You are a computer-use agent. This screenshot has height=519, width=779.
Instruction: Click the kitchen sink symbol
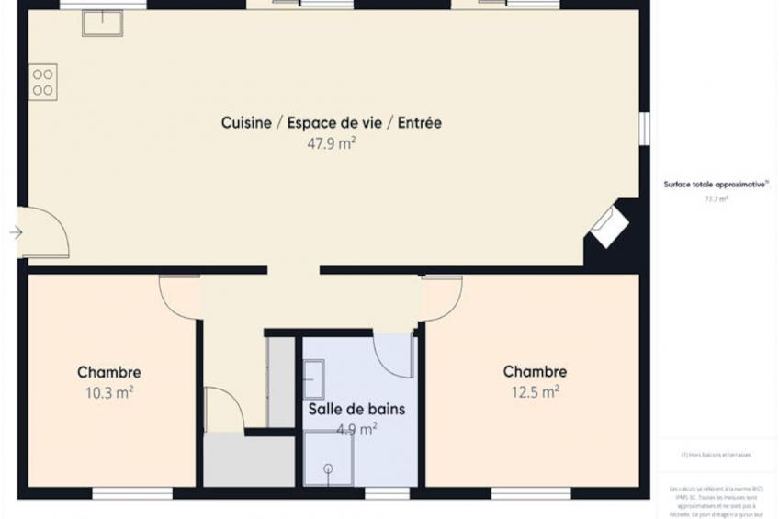[x=102, y=24]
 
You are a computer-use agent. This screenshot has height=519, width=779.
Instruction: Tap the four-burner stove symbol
[x=43, y=82]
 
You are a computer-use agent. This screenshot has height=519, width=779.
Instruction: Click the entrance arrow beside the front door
[x=16, y=232]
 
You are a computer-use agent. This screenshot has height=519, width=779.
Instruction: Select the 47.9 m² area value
[x=332, y=143]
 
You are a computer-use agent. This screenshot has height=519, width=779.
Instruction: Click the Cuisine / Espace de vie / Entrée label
[x=331, y=123]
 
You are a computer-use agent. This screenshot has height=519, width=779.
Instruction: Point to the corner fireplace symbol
[x=608, y=226]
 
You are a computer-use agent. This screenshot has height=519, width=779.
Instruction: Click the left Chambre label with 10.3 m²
[x=109, y=372]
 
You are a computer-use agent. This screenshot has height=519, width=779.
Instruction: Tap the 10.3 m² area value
[x=108, y=392]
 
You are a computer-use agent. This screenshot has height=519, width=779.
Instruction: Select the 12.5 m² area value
[x=535, y=392]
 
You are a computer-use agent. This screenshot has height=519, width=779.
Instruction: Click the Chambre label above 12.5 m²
[x=535, y=372]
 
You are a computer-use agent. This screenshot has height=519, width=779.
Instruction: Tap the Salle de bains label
[x=356, y=409]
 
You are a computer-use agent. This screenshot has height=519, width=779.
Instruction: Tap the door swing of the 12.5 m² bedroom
[x=441, y=299]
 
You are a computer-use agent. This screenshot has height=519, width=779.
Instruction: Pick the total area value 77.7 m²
[x=716, y=198]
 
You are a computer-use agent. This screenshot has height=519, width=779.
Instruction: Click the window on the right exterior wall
[x=645, y=128]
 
